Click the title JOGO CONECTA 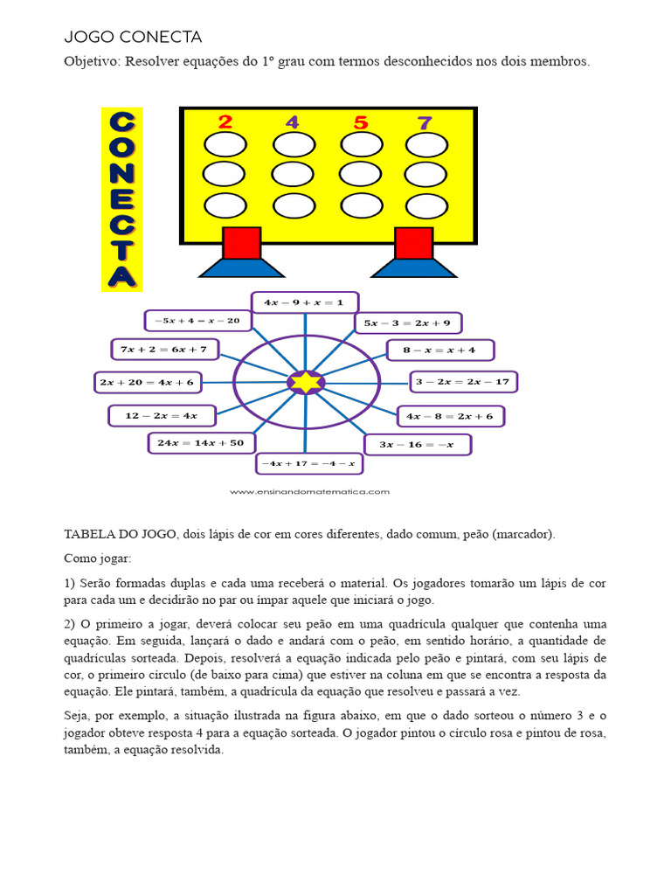133,37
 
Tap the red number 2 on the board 225,121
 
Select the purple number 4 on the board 292,121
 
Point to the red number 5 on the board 361,122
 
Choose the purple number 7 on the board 425,122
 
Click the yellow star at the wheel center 306,382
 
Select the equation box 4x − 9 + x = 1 305,302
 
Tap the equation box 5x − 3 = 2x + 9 408,323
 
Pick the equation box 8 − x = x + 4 439,350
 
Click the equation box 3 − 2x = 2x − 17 463,382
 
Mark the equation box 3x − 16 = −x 417,445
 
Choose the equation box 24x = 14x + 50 201,443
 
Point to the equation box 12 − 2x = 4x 161,416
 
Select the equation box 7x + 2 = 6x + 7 165,350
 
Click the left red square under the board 242,243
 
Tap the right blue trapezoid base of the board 413,268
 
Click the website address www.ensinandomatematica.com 309,492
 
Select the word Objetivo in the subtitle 92,61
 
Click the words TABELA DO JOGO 121,534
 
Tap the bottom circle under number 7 425,206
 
